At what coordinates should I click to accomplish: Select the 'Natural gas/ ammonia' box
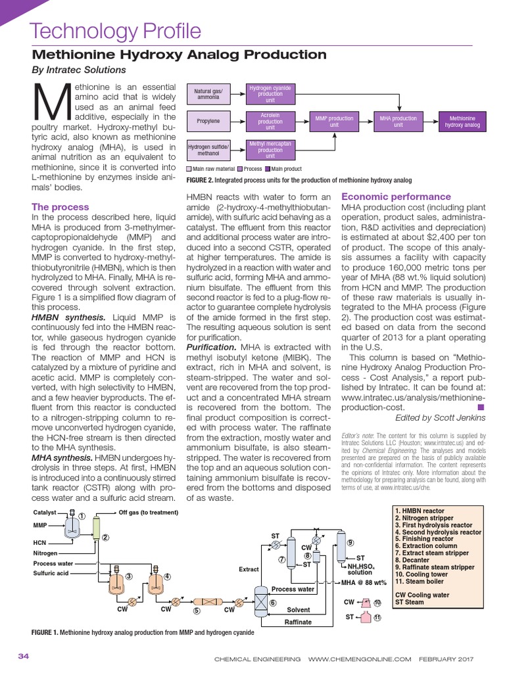click(208, 94)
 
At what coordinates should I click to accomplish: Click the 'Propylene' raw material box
click(208, 122)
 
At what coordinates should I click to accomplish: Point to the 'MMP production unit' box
click(334, 122)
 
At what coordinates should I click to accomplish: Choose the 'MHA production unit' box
click(398, 122)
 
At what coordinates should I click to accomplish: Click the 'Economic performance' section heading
click(396, 197)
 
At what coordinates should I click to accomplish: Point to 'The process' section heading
click(60, 207)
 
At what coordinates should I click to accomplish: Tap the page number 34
click(24, 656)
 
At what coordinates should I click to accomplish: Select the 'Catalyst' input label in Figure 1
click(45, 512)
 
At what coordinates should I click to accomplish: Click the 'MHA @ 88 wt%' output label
click(364, 582)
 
